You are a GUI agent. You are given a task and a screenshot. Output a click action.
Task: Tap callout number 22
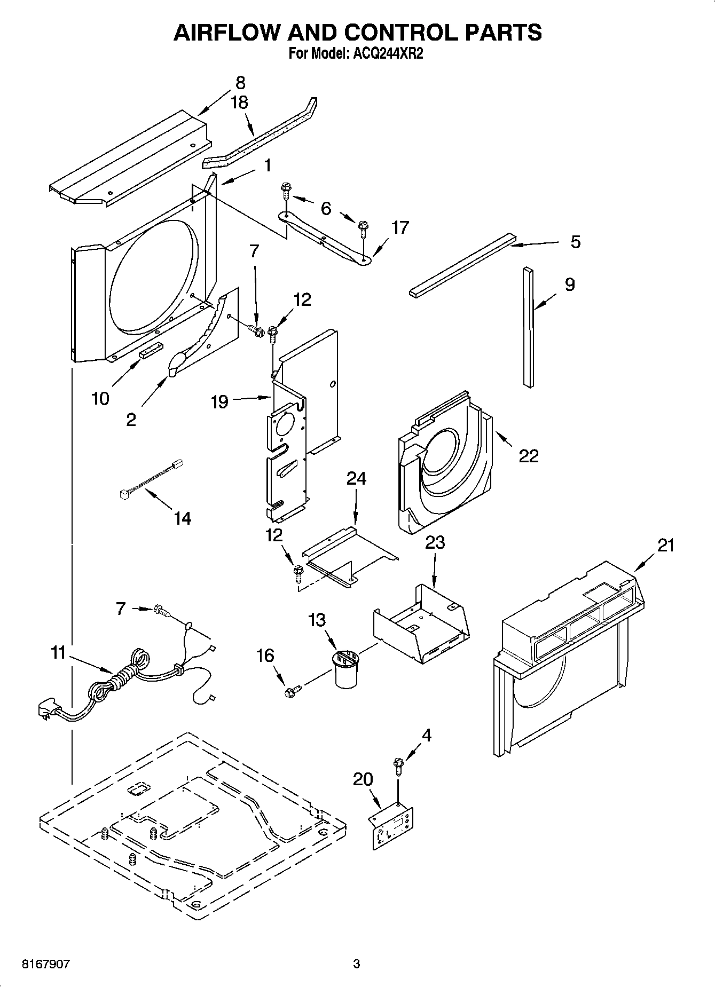coord(528,455)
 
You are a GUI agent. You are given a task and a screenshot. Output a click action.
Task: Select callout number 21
coord(665,545)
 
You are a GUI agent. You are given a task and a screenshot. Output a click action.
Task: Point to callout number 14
coord(183,518)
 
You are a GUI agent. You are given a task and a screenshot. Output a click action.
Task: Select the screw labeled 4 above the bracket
coord(398,764)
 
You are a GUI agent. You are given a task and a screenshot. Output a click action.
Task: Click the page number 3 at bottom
coord(356,964)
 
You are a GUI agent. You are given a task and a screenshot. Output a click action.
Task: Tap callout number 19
coord(219,401)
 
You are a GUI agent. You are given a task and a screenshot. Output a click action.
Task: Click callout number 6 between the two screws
coord(326,208)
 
